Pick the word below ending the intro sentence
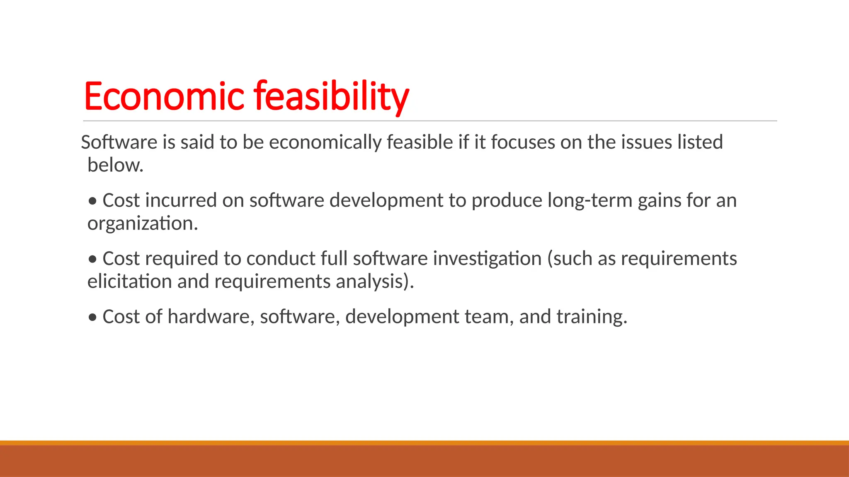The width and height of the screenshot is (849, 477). coord(115,165)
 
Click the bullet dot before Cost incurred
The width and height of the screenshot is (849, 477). coord(93,201)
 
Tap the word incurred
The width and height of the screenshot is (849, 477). coord(181,200)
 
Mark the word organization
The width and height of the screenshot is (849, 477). coord(142,224)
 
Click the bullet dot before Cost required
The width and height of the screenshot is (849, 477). coord(93,259)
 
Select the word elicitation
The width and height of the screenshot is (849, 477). coord(129,281)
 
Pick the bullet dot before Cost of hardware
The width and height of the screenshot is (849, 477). coord(93,318)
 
